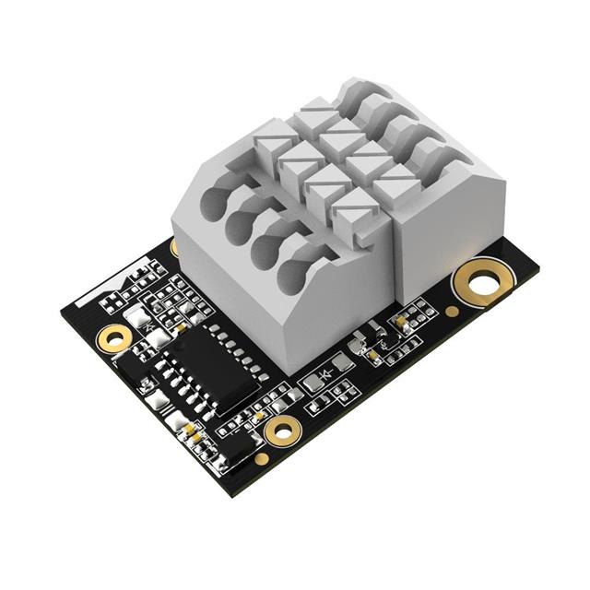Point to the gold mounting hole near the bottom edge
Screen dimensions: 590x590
coord(281,428)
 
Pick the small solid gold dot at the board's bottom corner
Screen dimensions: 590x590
coord(262,458)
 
